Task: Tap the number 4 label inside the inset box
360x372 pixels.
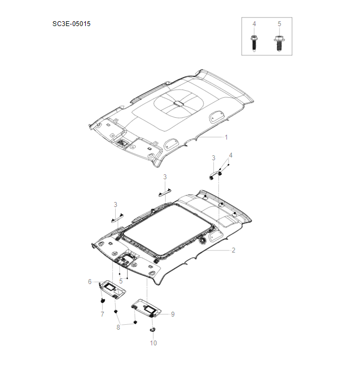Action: pyautogui.click(x=254, y=24)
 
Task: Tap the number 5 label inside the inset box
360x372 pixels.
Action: pyautogui.click(x=279, y=24)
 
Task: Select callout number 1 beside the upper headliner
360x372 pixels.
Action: pyautogui.click(x=226, y=137)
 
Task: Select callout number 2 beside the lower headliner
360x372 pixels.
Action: pyautogui.click(x=233, y=250)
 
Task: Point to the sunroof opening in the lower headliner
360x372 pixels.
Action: pyautogui.click(x=162, y=229)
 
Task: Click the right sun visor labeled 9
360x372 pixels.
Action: pyautogui.click(x=146, y=308)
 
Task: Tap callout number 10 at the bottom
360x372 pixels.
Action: pyautogui.click(x=153, y=343)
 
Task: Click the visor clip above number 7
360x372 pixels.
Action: pyautogui.click(x=102, y=300)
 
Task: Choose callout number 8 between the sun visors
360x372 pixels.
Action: pyautogui.click(x=118, y=327)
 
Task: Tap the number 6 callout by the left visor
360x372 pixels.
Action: pyautogui.click(x=90, y=281)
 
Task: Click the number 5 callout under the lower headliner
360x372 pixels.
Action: pyautogui.click(x=121, y=281)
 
